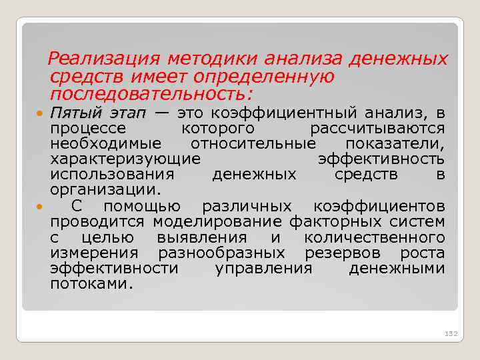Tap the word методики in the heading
click(212, 59)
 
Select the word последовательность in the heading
click(150, 92)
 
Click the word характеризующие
click(125, 159)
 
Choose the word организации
click(104, 190)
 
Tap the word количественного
click(375, 237)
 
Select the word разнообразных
click(221, 253)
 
